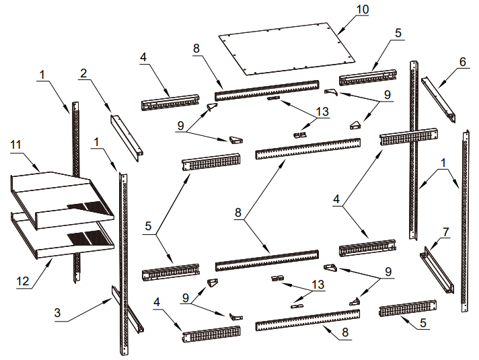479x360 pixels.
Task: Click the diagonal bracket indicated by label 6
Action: [x=438, y=100]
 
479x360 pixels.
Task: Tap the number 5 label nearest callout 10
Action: [x=398, y=33]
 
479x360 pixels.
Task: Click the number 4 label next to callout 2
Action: [x=143, y=57]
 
